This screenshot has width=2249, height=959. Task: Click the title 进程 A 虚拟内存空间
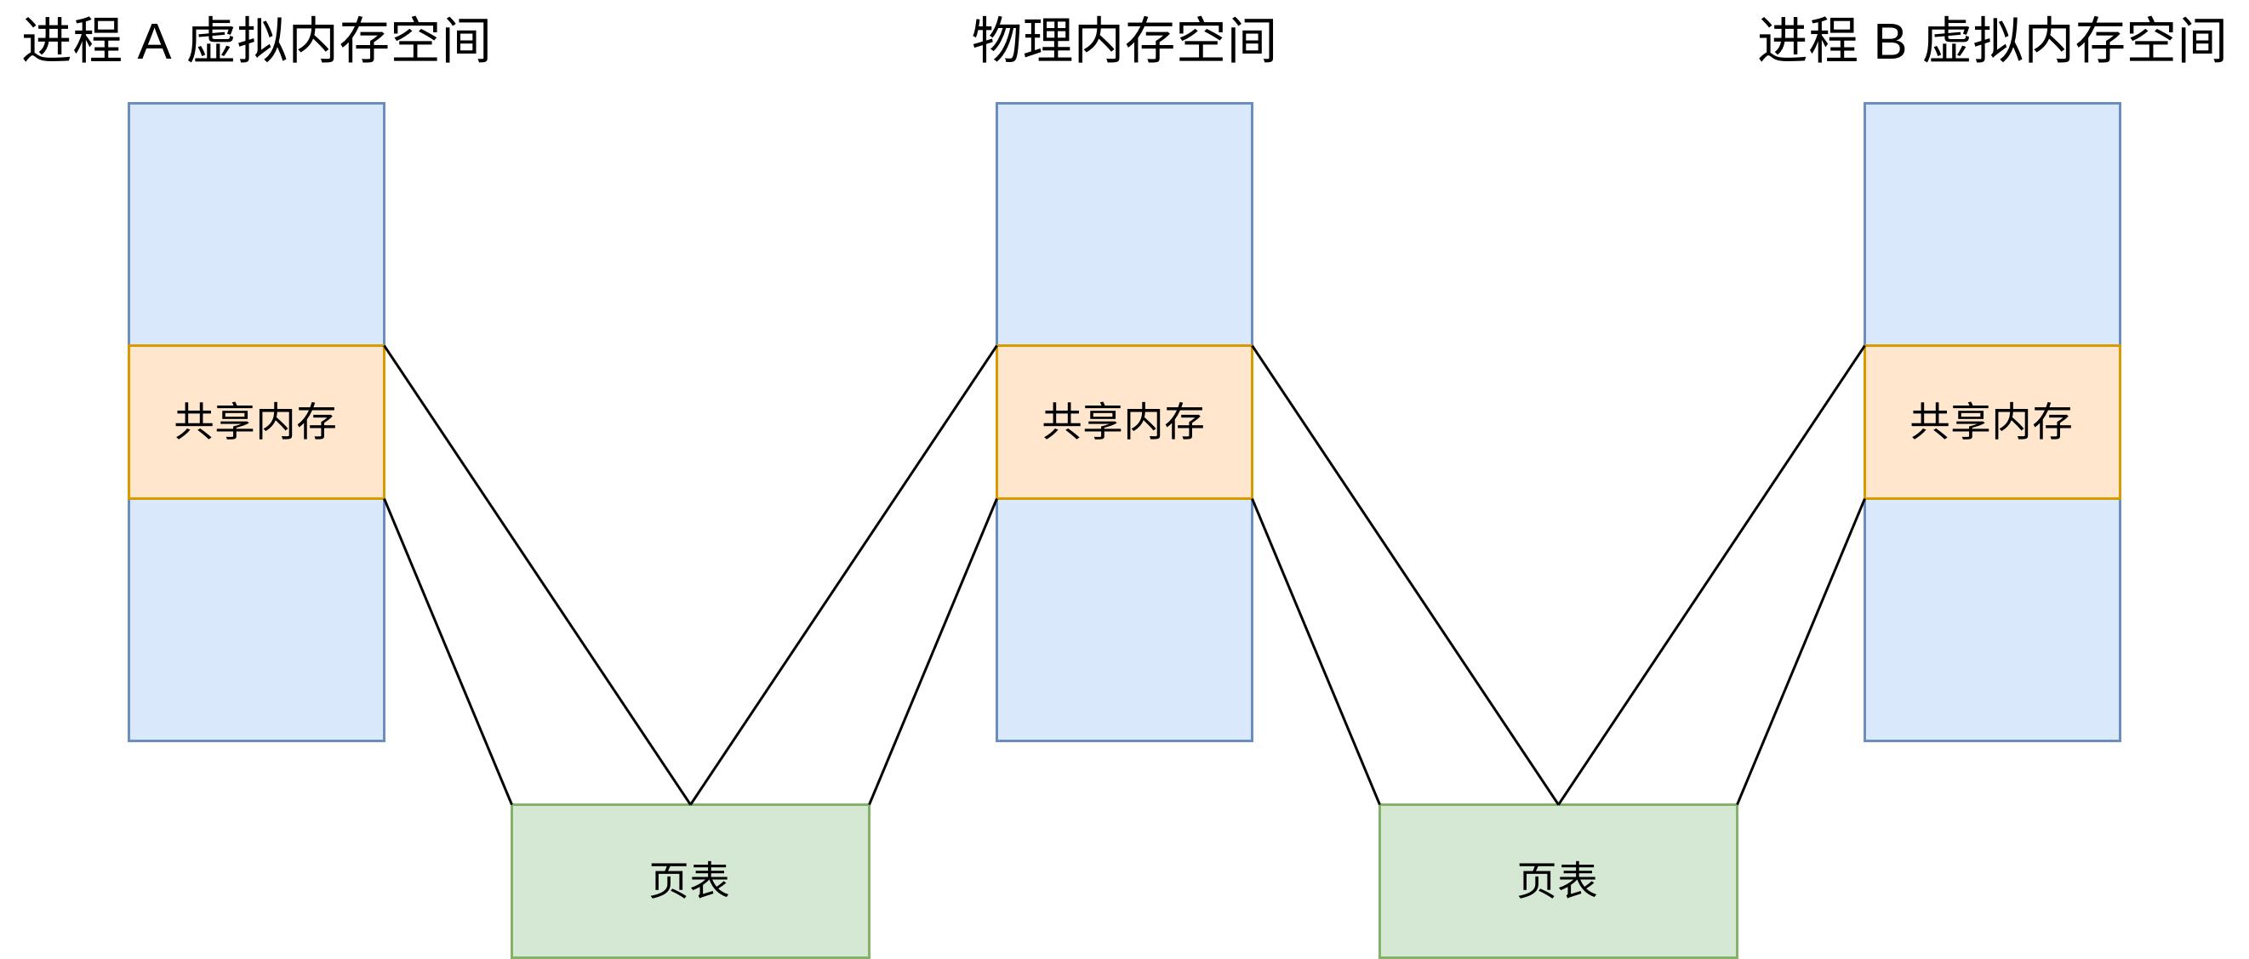click(x=256, y=42)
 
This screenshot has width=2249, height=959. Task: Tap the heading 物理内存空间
click(x=1123, y=42)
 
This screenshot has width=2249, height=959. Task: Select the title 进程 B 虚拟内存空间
click(x=1991, y=42)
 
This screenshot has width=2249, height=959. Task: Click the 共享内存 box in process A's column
click(x=256, y=423)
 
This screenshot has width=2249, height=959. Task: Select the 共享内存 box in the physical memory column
click(x=1123, y=423)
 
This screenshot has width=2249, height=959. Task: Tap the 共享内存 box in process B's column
click(x=1991, y=423)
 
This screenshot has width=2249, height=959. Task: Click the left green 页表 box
click(x=690, y=881)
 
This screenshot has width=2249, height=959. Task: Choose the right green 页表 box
click(x=1557, y=881)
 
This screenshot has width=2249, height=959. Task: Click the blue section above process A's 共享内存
click(x=256, y=224)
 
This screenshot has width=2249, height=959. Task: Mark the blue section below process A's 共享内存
click(x=256, y=620)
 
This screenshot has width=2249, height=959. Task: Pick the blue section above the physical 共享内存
click(x=1123, y=224)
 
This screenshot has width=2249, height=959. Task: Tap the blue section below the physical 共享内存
click(x=1123, y=620)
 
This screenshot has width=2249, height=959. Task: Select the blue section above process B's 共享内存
click(x=1991, y=224)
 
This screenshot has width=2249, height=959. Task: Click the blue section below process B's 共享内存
click(x=1991, y=620)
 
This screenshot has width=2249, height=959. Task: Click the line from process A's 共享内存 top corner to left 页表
click(x=537, y=575)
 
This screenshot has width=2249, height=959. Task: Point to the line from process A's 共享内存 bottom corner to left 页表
click(x=448, y=651)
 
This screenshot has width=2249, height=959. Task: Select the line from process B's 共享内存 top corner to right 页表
click(x=1711, y=575)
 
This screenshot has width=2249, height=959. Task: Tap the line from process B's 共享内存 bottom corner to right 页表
click(x=1801, y=651)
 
